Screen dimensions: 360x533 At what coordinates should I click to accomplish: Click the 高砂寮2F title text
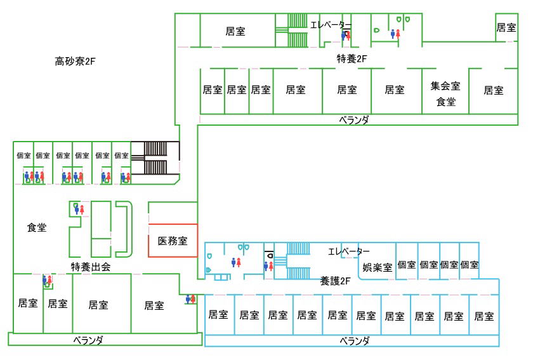[x=75, y=62]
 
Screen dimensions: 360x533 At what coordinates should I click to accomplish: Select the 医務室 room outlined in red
[x=173, y=241]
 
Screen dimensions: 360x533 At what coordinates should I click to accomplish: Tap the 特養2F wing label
[x=352, y=59]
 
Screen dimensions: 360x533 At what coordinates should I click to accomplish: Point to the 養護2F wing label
[x=336, y=280]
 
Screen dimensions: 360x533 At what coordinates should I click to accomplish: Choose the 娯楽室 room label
[x=377, y=267]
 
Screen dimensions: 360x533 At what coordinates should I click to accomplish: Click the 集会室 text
[x=445, y=86]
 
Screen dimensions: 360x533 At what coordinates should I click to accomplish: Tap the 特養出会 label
[x=91, y=267]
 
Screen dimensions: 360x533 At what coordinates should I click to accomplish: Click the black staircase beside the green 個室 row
[x=155, y=158]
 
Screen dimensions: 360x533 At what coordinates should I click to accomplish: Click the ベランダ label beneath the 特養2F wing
[x=353, y=119]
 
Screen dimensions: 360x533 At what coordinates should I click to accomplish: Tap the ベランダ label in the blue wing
[x=354, y=341]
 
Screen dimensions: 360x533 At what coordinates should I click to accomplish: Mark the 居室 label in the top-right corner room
[x=506, y=27]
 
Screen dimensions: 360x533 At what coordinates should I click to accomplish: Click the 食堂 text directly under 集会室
[x=445, y=101]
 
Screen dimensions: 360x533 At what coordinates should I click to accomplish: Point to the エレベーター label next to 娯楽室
[x=349, y=251]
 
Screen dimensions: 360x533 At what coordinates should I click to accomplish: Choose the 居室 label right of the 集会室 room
[x=494, y=90]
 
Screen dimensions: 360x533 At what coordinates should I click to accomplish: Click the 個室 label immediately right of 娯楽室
[x=407, y=265]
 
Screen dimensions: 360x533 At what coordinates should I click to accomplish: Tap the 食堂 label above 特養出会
[x=37, y=227]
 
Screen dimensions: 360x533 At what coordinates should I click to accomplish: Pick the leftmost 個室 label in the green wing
[x=23, y=155]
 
